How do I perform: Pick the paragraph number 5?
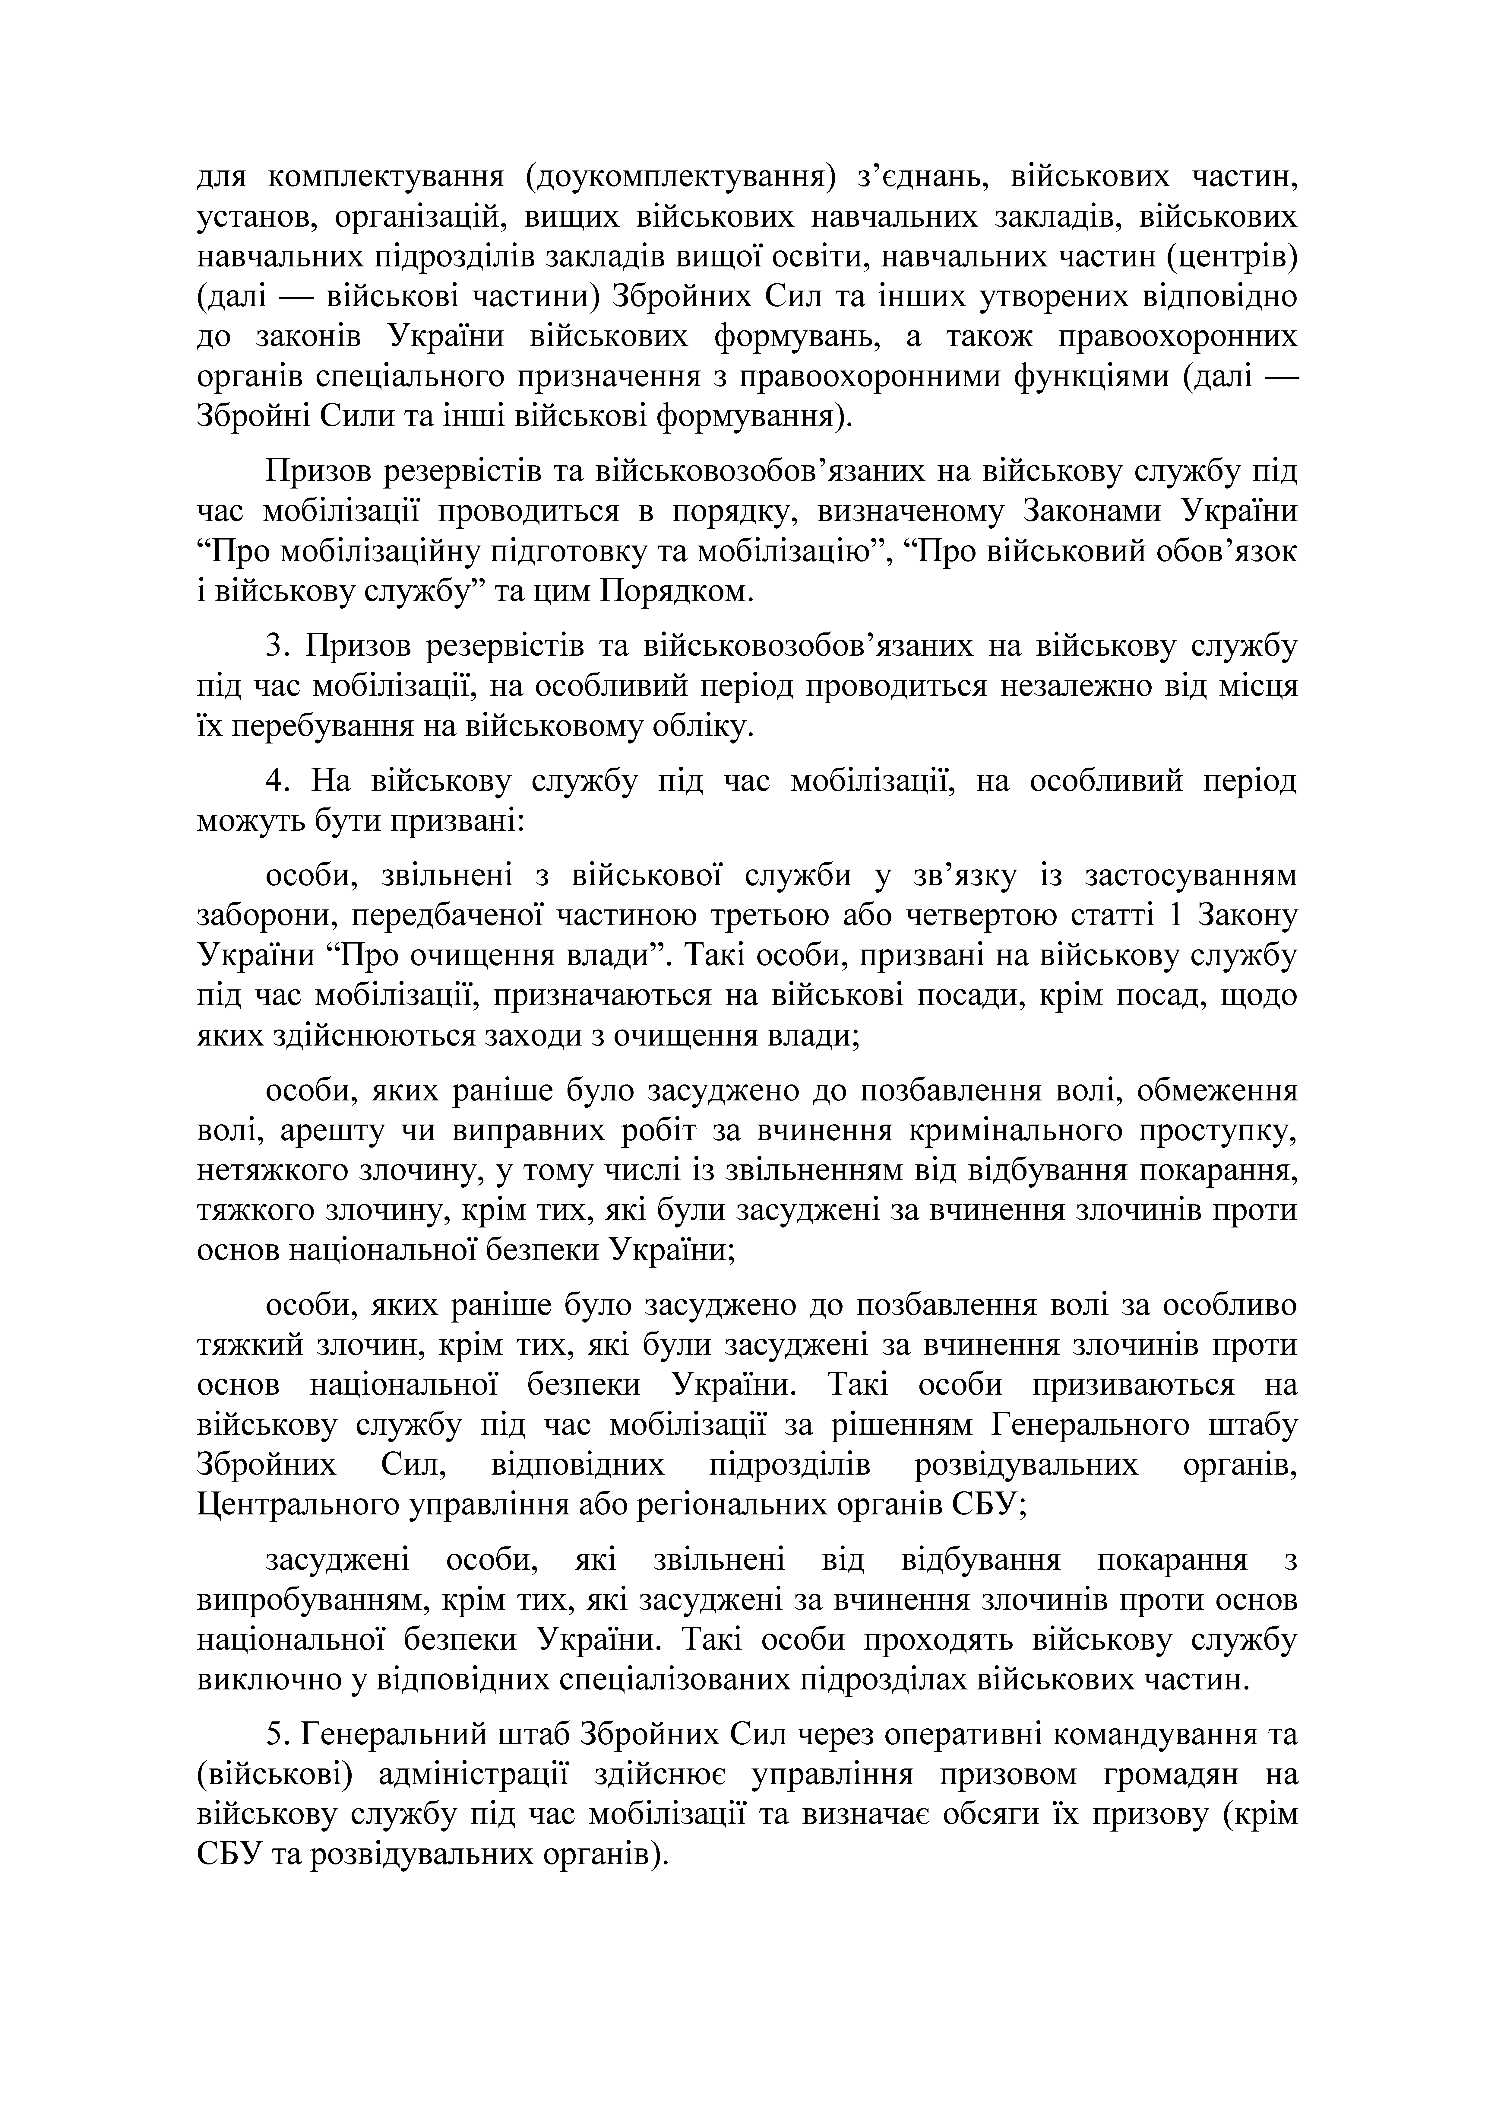pos(274,1733)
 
